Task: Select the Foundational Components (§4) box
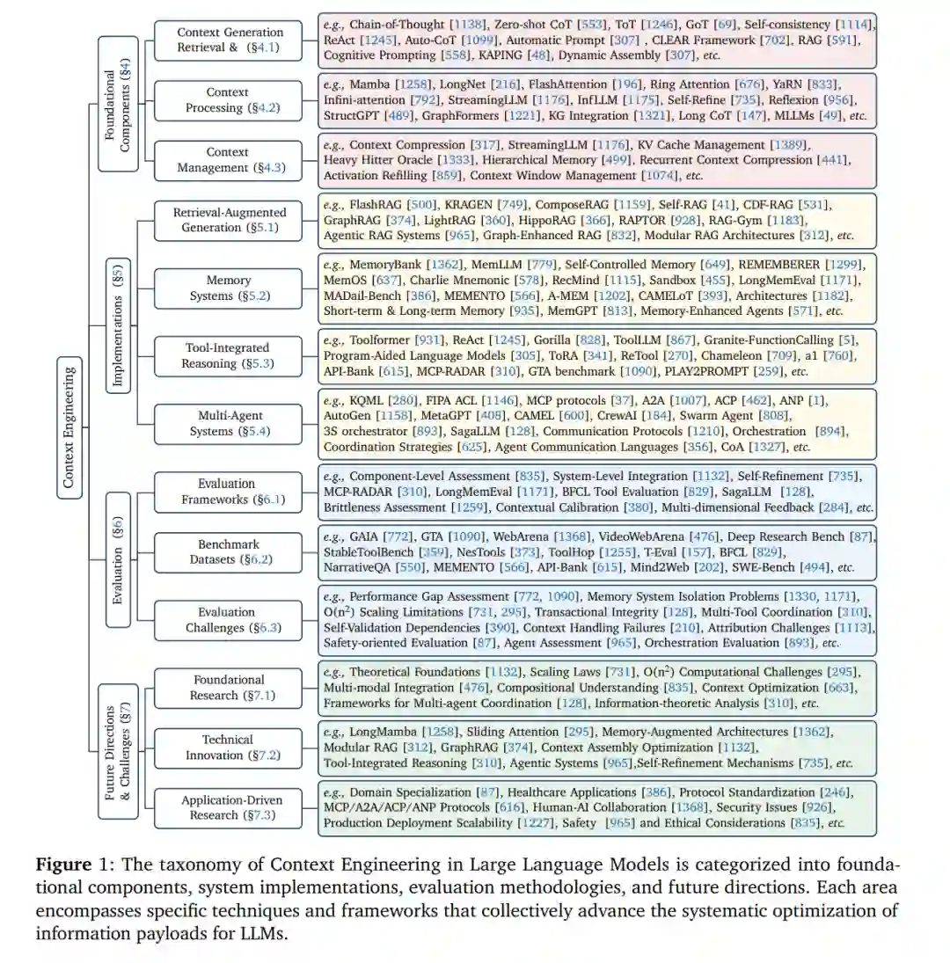click(x=118, y=102)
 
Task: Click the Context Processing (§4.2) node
click(x=228, y=100)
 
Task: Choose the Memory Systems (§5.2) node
click(x=229, y=288)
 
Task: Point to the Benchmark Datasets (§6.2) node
click(x=228, y=551)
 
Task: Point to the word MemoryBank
click(x=386, y=264)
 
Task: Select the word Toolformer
click(x=384, y=339)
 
